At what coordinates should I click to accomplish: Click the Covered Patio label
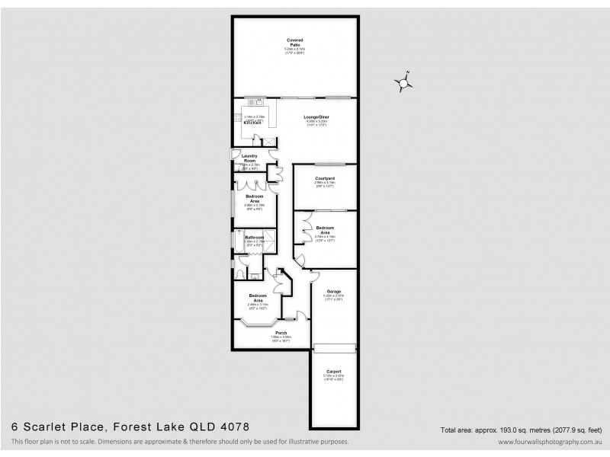tap(294, 43)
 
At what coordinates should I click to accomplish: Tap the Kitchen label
tap(242, 123)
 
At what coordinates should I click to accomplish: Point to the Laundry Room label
tap(249, 158)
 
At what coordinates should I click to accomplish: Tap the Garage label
tap(333, 292)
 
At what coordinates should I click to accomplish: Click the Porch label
tap(281, 333)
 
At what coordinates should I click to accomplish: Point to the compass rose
tap(403, 82)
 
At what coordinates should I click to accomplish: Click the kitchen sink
tap(259, 101)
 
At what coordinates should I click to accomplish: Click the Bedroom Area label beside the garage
tap(325, 230)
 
